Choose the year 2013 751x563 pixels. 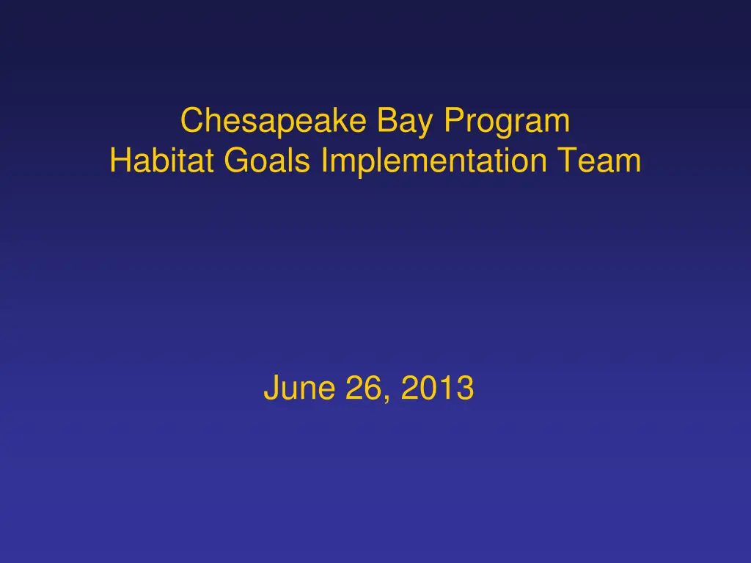coord(437,389)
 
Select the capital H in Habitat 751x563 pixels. coord(120,161)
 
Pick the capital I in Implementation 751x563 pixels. coord(324,161)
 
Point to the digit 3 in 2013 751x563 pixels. coord(464,389)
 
